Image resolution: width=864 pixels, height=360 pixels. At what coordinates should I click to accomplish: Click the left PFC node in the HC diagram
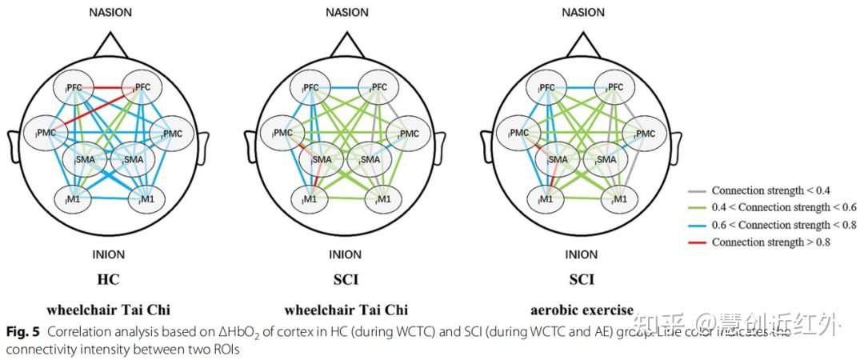(x=77, y=87)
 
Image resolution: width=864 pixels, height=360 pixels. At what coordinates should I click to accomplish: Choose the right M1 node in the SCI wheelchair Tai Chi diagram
(x=382, y=198)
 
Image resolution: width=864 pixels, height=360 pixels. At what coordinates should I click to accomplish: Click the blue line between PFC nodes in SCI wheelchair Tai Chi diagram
(x=345, y=86)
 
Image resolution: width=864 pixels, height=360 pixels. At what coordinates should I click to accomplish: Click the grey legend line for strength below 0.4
(x=697, y=191)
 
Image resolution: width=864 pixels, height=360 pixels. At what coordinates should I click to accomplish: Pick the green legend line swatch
(x=697, y=208)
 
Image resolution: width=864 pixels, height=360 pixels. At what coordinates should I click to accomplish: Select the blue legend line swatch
(x=697, y=225)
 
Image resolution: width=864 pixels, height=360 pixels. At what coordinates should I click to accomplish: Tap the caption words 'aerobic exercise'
(x=582, y=310)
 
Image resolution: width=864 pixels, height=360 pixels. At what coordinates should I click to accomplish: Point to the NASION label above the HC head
(x=110, y=12)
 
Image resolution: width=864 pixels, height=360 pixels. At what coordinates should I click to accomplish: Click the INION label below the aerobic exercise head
(x=582, y=255)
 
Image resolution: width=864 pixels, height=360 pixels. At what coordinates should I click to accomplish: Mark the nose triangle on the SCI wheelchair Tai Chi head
(x=346, y=44)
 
